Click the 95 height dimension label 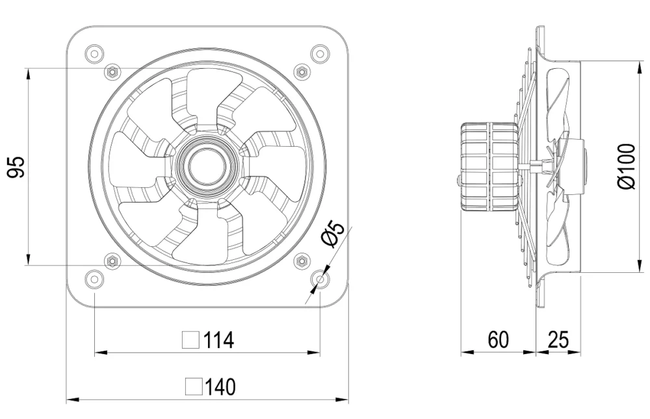pyautogui.click(x=18, y=167)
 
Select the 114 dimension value pyautogui.click(x=218, y=340)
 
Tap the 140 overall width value pyautogui.click(x=220, y=387)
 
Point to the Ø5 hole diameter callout pyautogui.click(x=333, y=235)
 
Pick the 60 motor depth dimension pyautogui.click(x=497, y=340)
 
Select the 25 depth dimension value pyautogui.click(x=558, y=340)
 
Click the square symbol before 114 pyautogui.click(x=190, y=340)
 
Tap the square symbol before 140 pyautogui.click(x=194, y=387)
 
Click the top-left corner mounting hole pyautogui.click(x=94, y=53)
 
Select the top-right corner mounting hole pyautogui.click(x=320, y=53)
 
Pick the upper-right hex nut pyautogui.click(x=302, y=71)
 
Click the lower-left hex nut pyautogui.click(x=112, y=261)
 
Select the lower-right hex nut pyautogui.click(x=302, y=261)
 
